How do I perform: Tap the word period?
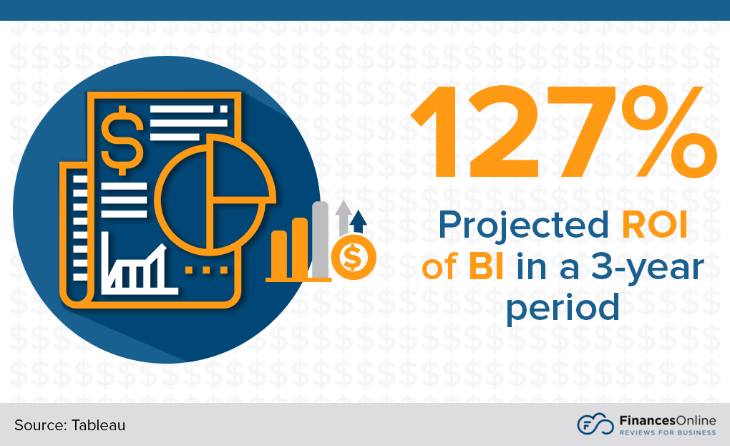[x=562, y=308]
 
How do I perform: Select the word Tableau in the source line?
[x=98, y=425]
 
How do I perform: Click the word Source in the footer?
[x=38, y=425]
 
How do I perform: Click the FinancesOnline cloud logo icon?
[x=595, y=424]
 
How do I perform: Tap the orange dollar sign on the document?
[x=122, y=139]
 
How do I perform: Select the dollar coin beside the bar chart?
[x=354, y=256]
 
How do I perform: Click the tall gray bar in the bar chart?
[x=321, y=240]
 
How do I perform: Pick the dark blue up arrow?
[x=359, y=221]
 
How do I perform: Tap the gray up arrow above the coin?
[x=344, y=215]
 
